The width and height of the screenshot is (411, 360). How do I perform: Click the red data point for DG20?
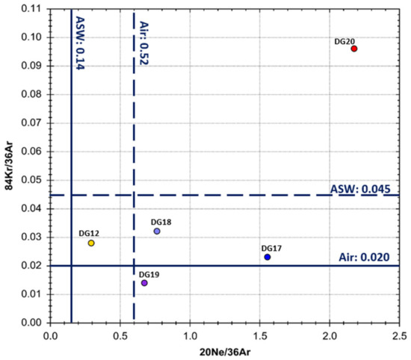[354, 49]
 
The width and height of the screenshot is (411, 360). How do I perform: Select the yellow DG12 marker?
[91, 243]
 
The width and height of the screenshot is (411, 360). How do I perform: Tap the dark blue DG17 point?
[268, 257]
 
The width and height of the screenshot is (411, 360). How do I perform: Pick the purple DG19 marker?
[144, 283]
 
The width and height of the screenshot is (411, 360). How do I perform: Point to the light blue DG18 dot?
[157, 232]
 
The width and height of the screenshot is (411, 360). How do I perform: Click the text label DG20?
[344, 42]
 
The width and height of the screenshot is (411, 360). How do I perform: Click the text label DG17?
[271, 248]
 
